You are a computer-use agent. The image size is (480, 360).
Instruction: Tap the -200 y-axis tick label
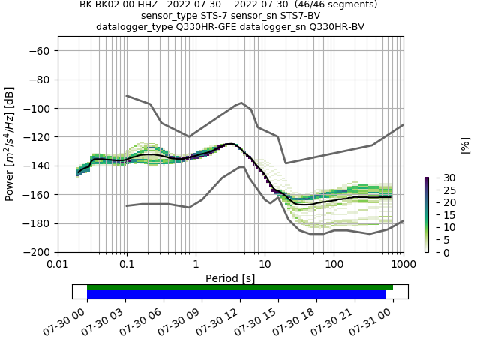click(37, 252)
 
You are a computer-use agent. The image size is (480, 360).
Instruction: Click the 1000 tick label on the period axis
click(403, 264)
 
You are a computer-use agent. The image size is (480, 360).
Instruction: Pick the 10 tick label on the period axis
click(265, 264)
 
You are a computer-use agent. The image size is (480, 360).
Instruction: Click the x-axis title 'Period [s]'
click(230, 278)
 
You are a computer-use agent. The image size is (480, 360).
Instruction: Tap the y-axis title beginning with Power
click(10, 151)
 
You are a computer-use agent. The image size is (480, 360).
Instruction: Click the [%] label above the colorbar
click(465, 145)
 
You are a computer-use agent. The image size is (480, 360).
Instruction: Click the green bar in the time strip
click(240, 287)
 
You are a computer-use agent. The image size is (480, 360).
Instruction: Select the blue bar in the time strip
click(236, 295)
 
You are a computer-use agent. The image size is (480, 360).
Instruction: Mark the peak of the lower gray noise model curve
click(241, 166)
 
